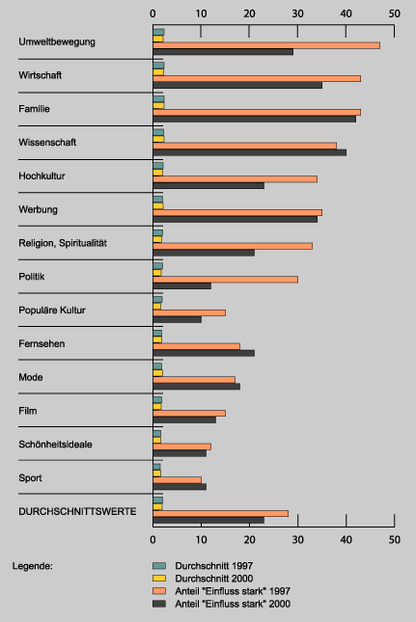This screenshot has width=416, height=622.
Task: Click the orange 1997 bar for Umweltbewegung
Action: coord(266,45)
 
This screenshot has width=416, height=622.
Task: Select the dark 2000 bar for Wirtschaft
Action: coord(237,85)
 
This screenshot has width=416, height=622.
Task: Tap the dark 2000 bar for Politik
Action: coord(181,286)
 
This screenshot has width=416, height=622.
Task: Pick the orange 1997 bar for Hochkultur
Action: coord(235,179)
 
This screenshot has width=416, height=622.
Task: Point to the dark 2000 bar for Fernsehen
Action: coord(204,353)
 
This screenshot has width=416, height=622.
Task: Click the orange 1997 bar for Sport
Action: coord(177,480)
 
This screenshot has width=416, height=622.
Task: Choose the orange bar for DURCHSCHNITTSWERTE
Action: coord(220,514)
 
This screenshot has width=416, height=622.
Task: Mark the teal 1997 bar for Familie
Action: coord(158,99)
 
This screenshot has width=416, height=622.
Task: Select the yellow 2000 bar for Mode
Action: coord(157,373)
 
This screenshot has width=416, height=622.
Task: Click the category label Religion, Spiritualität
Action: coord(63,243)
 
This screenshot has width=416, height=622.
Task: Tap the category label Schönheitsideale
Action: coord(55,445)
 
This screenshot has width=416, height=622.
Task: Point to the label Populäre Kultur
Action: coord(52,311)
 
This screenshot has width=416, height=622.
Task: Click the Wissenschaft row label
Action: coord(47,143)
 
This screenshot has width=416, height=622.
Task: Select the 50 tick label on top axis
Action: coord(394,14)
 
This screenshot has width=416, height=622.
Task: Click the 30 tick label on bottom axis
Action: coord(297,539)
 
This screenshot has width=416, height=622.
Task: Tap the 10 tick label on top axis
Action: coord(202,14)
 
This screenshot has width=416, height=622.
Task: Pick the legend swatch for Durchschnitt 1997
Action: coord(159,566)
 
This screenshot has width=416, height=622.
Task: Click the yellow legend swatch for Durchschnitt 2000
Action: coord(159,579)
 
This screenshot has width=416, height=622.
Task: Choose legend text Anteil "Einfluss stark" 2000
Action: coord(233,604)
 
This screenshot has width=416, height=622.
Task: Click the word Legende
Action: coord(32,566)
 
